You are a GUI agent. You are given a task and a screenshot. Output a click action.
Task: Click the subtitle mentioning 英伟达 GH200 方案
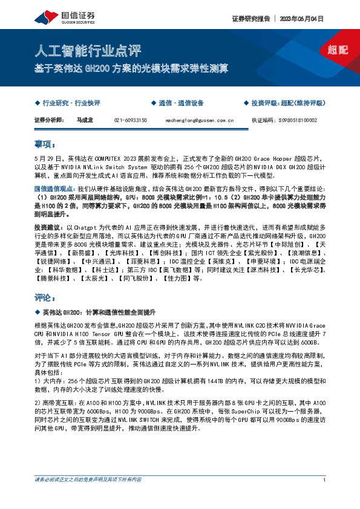(131, 68)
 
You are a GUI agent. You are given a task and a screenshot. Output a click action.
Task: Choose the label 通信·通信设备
(180, 103)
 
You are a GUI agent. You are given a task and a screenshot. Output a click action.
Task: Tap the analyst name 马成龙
(85, 120)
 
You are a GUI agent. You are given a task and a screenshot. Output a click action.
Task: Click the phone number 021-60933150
(130, 120)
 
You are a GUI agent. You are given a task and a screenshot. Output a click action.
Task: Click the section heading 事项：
(45, 144)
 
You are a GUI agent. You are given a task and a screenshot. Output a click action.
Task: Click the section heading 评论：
(45, 298)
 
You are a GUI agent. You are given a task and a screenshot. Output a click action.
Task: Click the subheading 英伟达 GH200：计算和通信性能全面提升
(99, 312)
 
